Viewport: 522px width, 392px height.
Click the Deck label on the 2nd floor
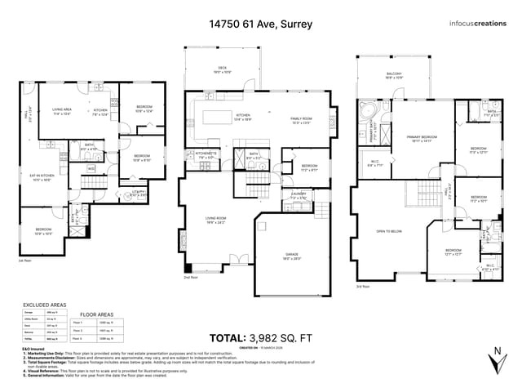point(222,69)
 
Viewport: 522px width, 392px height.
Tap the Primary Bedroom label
point(422,138)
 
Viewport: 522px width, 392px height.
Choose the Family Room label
point(302,120)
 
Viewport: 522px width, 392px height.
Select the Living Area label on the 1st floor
point(63,111)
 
